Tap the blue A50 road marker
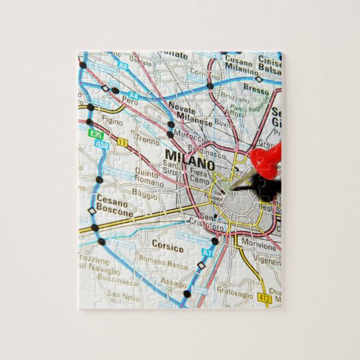coord(102,144)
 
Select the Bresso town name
coord(256,90)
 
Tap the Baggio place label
coord(144,194)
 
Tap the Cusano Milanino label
coord(242,62)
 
